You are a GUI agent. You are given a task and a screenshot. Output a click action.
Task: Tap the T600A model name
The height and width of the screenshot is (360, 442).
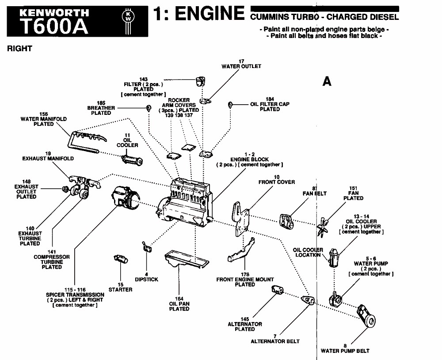[54, 26]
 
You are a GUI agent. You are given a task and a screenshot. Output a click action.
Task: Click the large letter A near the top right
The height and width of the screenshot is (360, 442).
[327, 81]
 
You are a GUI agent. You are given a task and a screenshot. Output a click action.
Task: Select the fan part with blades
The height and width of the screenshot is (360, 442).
[322, 226]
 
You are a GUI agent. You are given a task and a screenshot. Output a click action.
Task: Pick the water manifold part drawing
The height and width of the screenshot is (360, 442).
[86, 141]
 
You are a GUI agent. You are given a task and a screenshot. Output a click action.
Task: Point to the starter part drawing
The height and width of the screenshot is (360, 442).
[121, 258]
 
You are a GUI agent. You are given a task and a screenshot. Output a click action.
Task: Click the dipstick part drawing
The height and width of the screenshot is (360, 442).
[147, 246]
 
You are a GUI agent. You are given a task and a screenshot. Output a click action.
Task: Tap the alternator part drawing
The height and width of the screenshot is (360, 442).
[278, 290]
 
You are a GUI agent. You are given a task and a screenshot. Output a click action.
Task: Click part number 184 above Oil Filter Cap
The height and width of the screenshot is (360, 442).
[270, 99]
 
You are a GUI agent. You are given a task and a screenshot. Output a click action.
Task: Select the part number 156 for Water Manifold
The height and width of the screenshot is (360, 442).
[44, 114]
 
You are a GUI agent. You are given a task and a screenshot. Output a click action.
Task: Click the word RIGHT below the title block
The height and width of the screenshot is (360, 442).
[19, 49]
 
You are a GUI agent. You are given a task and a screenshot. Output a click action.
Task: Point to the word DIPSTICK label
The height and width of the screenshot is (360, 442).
[147, 280]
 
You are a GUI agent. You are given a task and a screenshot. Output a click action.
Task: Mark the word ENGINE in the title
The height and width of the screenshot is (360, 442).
[210, 13]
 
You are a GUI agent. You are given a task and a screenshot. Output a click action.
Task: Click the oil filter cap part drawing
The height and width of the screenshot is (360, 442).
[230, 105]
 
